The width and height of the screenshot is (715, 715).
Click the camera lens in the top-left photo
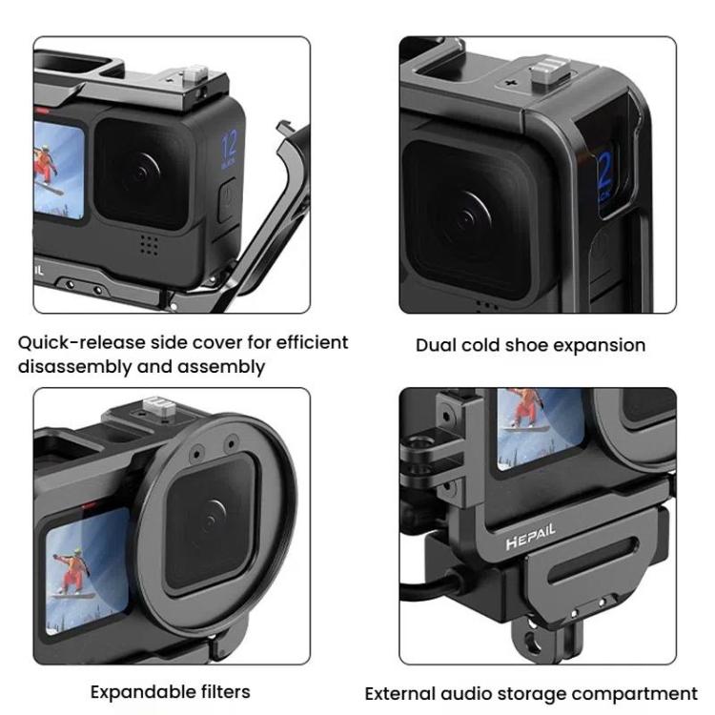(143, 173)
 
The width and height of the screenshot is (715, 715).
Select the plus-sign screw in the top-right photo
(513, 84)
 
